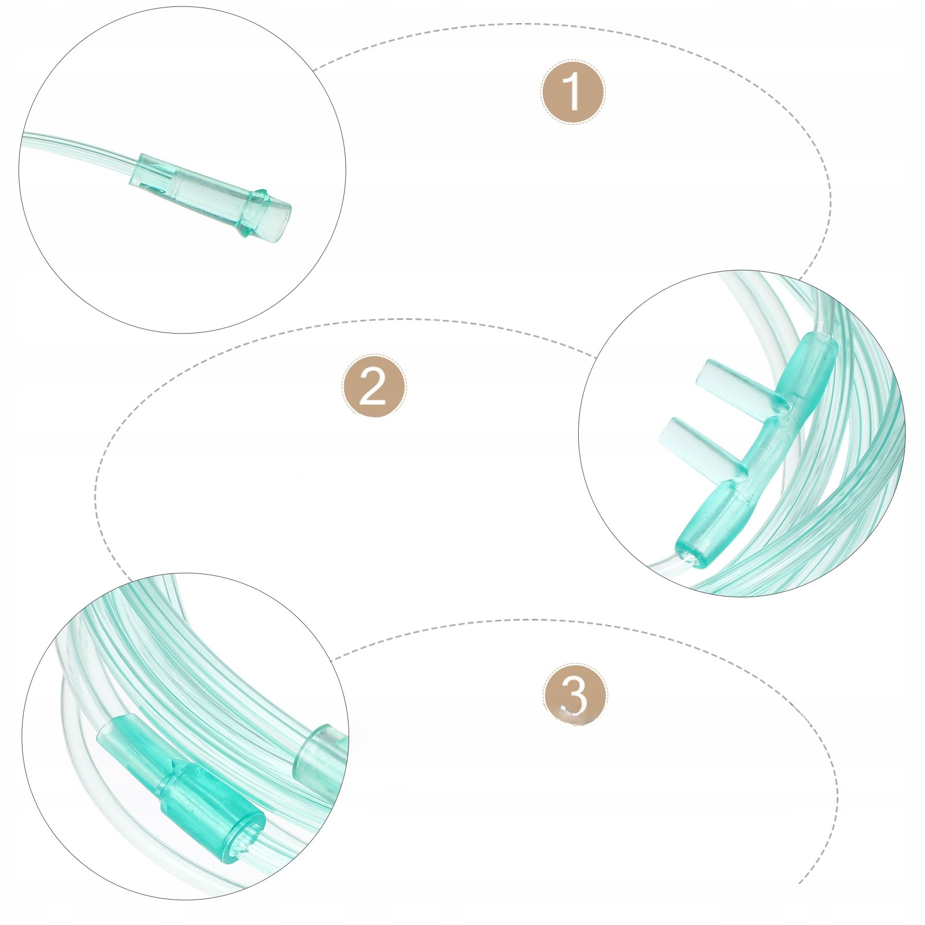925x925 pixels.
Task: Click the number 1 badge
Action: (572, 92)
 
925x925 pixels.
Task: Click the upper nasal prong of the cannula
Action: (740, 381)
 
